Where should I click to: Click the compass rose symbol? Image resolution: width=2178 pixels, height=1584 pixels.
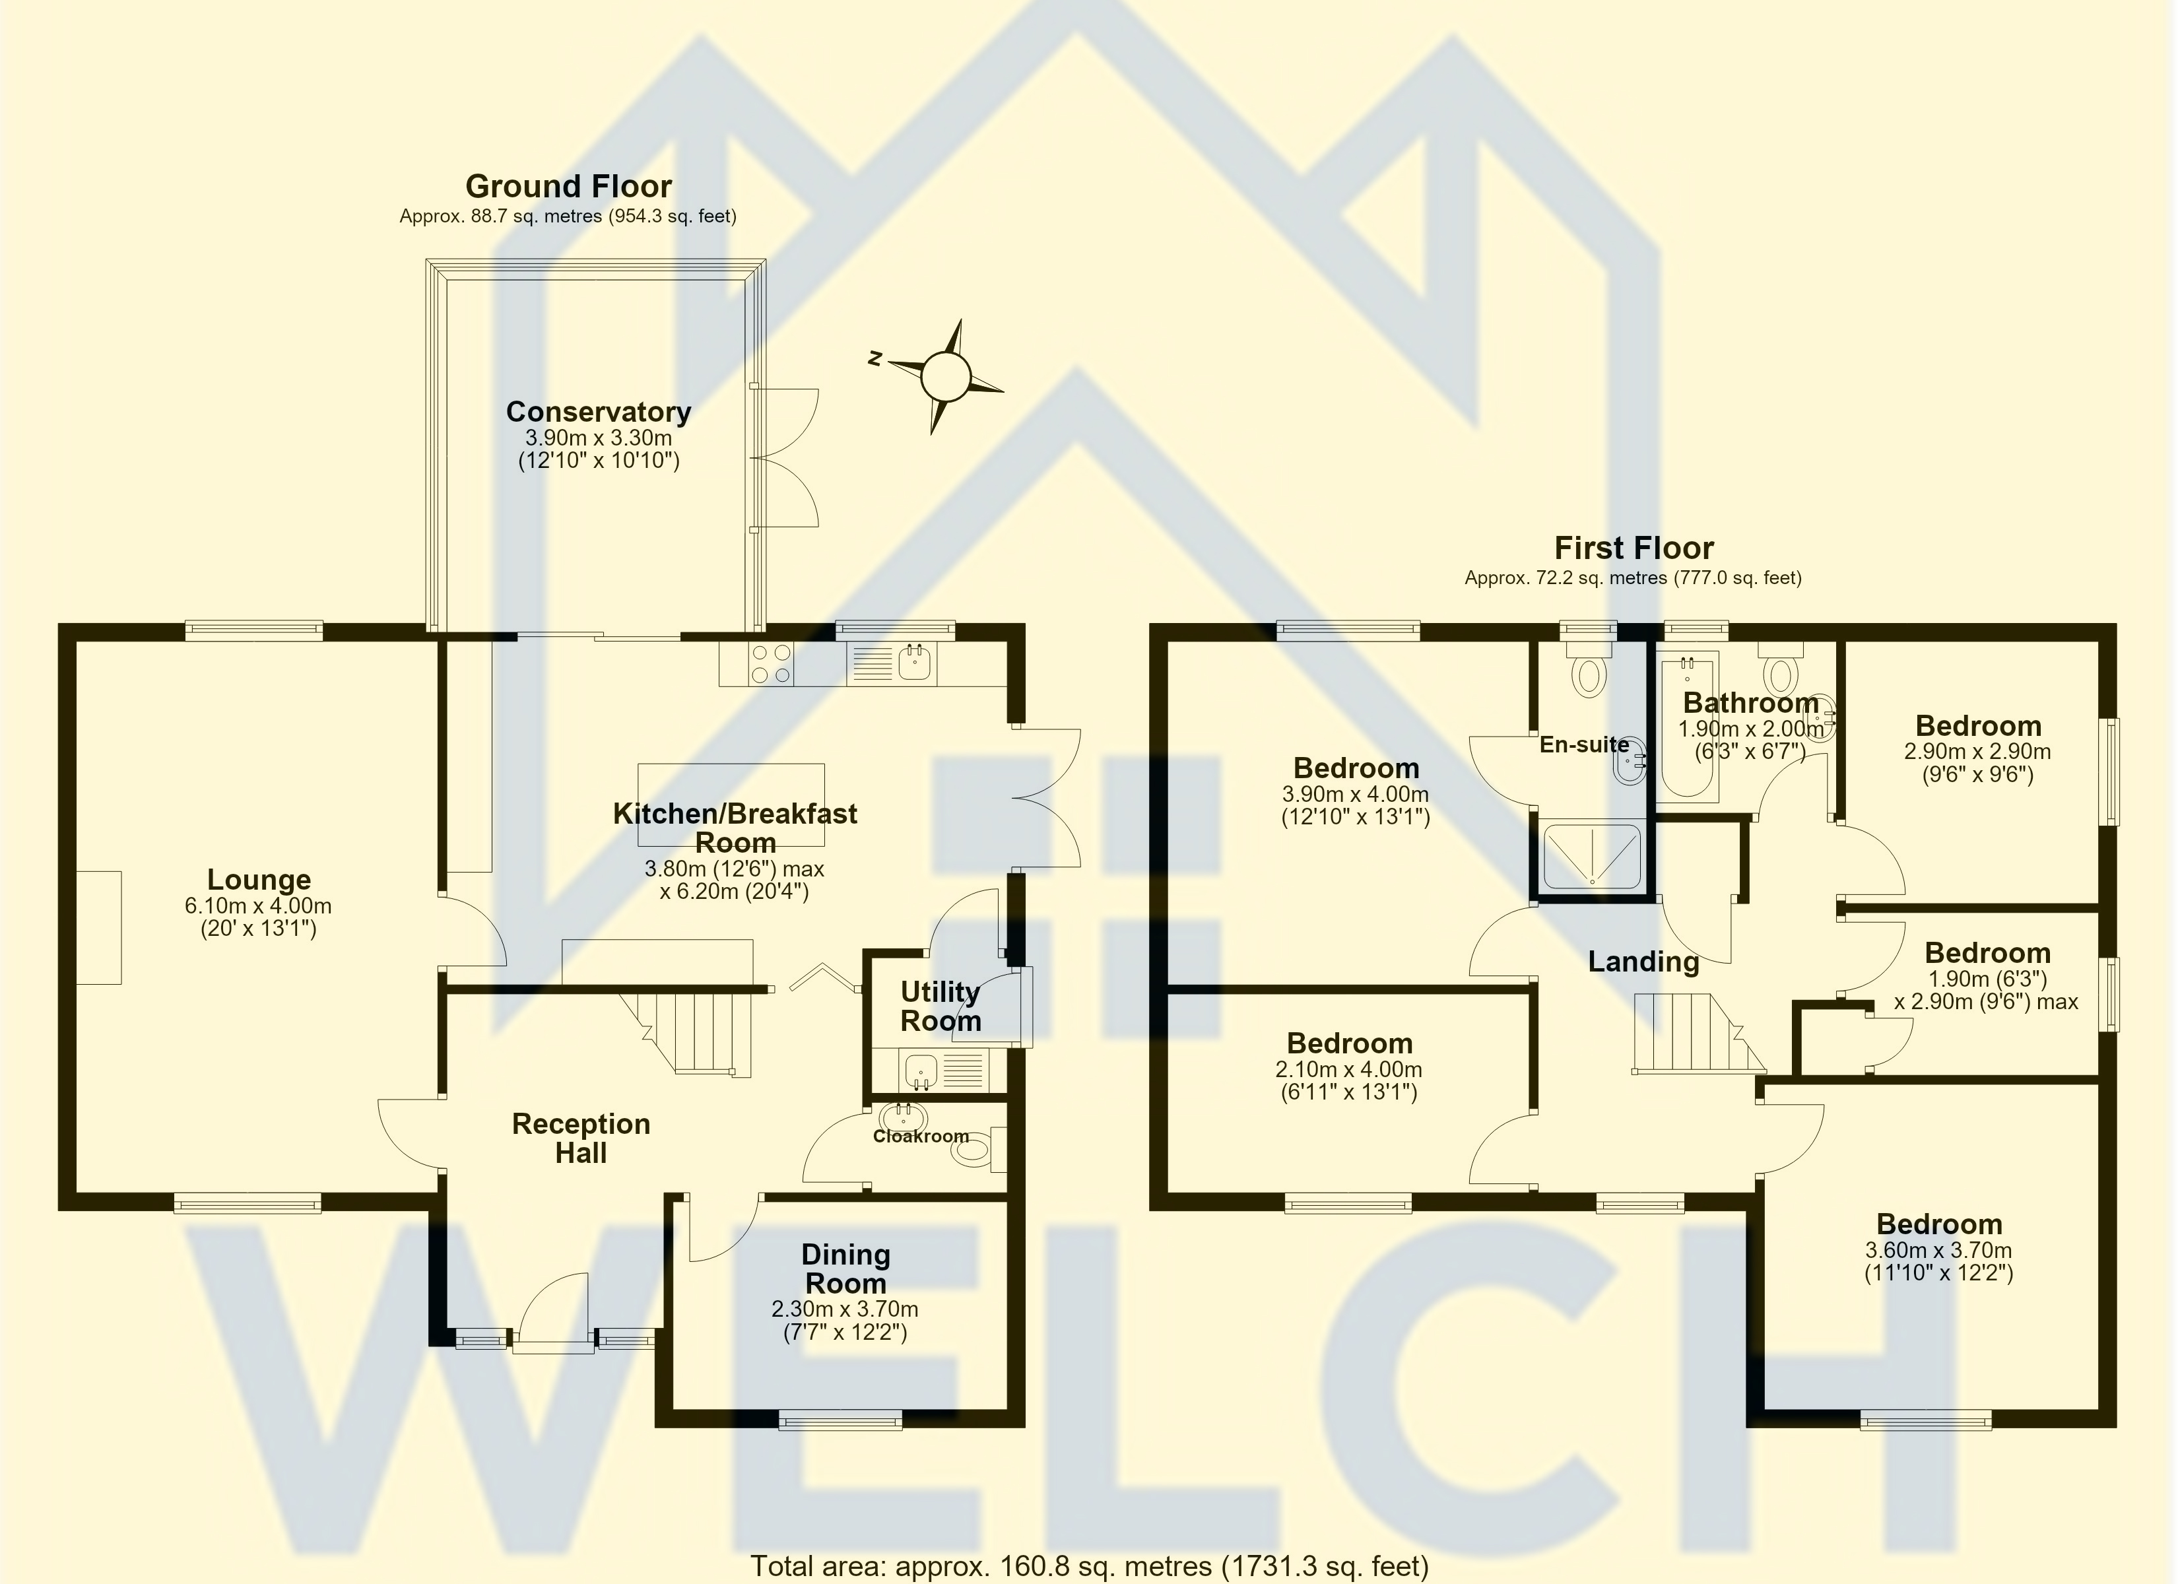[946, 376]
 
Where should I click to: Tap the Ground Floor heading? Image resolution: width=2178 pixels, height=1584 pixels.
[568, 185]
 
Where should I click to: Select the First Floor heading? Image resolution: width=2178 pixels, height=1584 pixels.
[1633, 548]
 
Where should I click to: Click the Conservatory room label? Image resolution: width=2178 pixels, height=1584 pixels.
[598, 411]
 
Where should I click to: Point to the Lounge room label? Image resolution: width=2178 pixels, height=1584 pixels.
[259, 879]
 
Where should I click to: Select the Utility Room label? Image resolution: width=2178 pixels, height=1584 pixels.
[940, 1006]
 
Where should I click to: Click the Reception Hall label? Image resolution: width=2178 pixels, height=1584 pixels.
[581, 1138]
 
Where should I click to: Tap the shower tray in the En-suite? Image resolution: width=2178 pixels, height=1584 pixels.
[1591, 854]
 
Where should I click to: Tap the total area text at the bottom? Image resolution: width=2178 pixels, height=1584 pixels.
[1089, 1567]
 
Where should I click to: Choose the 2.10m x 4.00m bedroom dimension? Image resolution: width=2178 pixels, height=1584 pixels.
[1348, 1069]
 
